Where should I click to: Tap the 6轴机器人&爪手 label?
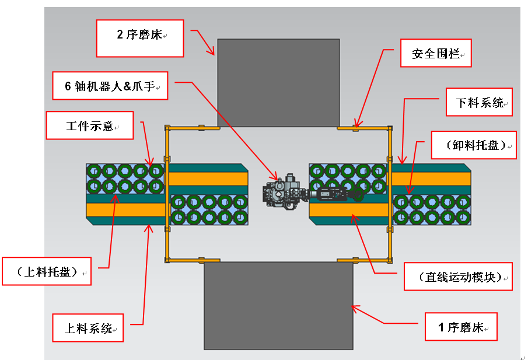tap(109, 86)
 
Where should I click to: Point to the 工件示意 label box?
tap(90, 125)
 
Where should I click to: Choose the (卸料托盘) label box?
tap(474, 145)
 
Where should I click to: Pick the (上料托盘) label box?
tap(47, 271)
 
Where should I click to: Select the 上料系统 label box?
tap(88, 328)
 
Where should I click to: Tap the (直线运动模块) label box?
tap(458, 277)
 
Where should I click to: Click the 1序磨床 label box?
tap(460, 327)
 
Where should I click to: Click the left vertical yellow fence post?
tap(167, 193)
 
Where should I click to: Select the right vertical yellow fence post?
tap(389, 193)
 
